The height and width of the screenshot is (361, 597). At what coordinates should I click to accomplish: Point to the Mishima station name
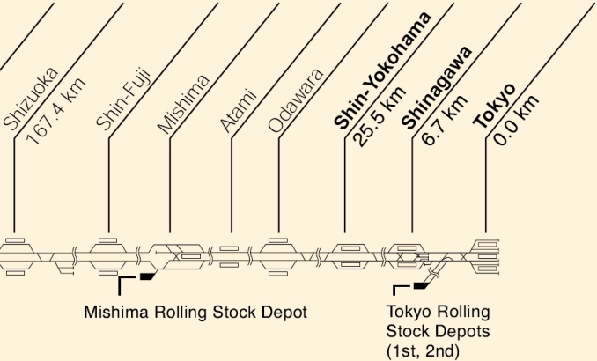pos(184,104)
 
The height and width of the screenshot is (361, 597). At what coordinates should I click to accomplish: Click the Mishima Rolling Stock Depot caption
pos(188,312)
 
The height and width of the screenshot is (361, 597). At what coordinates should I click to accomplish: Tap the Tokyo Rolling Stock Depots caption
pos(439,331)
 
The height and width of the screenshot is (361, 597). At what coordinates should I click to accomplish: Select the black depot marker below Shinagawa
pos(421,285)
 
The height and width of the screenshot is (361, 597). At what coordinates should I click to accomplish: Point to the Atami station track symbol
pos(229,256)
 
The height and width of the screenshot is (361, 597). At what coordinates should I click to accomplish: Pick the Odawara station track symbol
pos(279,255)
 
